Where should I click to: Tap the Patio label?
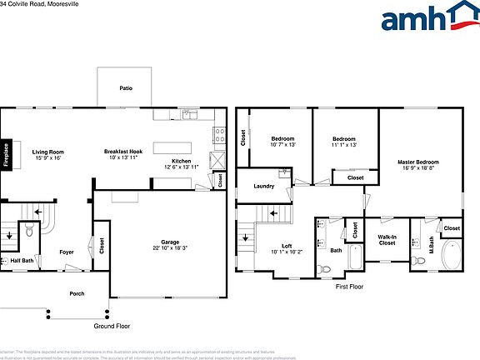[x=126, y=87]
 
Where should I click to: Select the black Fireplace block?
[x=4, y=155]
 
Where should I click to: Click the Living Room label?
[x=47, y=152]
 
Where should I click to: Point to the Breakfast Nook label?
[x=123, y=152]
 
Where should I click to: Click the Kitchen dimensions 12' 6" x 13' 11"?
[x=182, y=167]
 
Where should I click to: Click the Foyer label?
[x=67, y=252]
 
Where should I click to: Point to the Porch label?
[x=77, y=292]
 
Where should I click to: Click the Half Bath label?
[x=22, y=261]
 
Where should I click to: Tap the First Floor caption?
[x=349, y=286]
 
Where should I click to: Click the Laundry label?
[x=264, y=185]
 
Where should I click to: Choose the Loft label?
[x=287, y=245]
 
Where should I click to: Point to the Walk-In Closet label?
[x=386, y=240]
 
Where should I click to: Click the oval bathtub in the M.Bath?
[x=453, y=255]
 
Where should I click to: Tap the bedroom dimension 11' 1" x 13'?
[x=344, y=145]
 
